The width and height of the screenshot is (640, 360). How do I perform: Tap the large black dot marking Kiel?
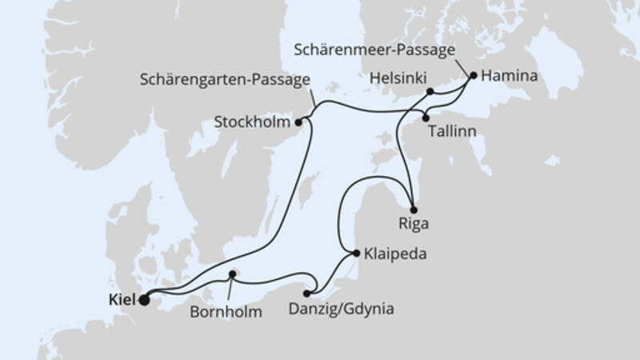pyautogui.click(x=144, y=301)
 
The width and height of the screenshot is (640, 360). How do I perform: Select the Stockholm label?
pyautogui.click(x=253, y=123)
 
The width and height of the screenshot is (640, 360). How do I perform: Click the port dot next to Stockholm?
pyautogui.click(x=298, y=122)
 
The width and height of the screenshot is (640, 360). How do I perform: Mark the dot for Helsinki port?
pyautogui.click(x=430, y=91)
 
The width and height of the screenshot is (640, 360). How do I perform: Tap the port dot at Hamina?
pyautogui.click(x=474, y=76)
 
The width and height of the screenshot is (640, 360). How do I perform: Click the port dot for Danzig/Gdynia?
pyautogui.click(x=307, y=294)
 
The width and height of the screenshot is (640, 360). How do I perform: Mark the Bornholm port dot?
pyautogui.click(x=232, y=274)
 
